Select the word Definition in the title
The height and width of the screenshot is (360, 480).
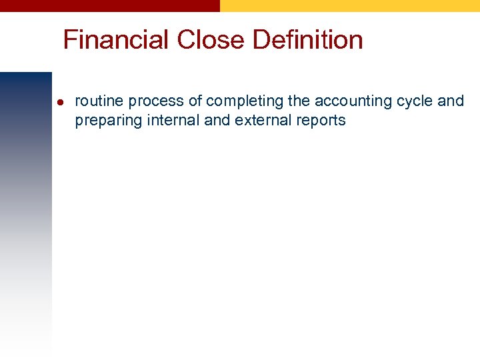(x=308, y=40)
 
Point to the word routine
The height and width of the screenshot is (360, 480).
(x=99, y=101)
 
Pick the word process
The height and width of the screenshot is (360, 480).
(x=154, y=101)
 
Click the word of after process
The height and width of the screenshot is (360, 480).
(x=194, y=101)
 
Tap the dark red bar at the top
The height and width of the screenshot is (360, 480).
(x=110, y=5)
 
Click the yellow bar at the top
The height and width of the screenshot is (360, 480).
(x=350, y=5)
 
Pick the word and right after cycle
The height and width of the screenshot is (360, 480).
(x=451, y=101)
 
